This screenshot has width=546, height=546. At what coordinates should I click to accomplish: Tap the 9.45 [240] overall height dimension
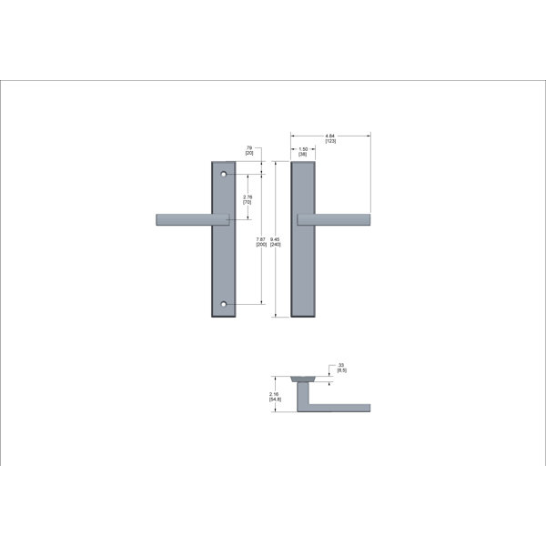(x=276, y=242)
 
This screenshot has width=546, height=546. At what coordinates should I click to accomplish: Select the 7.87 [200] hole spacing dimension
(x=262, y=242)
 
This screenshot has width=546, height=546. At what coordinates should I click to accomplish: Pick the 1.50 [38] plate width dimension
(x=302, y=152)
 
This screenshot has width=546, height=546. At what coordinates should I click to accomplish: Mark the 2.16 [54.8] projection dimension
(x=274, y=396)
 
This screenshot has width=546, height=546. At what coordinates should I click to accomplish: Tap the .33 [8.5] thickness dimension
(x=341, y=368)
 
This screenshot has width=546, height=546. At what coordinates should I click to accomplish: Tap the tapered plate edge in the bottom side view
(x=302, y=376)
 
